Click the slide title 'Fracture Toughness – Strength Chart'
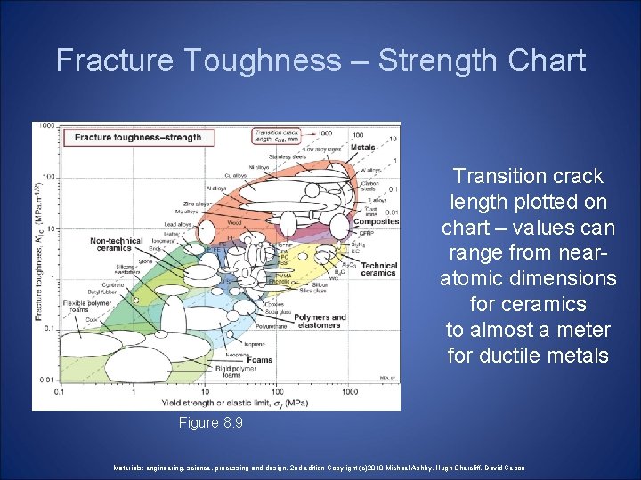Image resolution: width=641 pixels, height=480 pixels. click(x=320, y=60)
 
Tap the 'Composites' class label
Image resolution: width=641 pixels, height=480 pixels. click(x=375, y=221)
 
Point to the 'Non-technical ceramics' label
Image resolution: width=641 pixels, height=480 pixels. click(x=117, y=244)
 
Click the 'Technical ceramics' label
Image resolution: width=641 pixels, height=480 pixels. click(x=378, y=269)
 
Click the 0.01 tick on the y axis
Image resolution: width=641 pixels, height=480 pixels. click(x=46, y=380)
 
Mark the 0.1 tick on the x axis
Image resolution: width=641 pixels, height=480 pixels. click(x=60, y=390)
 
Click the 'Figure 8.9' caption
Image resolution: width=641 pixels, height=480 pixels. click(x=210, y=423)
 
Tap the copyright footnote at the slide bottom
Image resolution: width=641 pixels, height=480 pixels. click(x=320, y=468)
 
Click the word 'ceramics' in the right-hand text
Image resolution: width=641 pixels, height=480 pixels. click(x=528, y=304)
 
